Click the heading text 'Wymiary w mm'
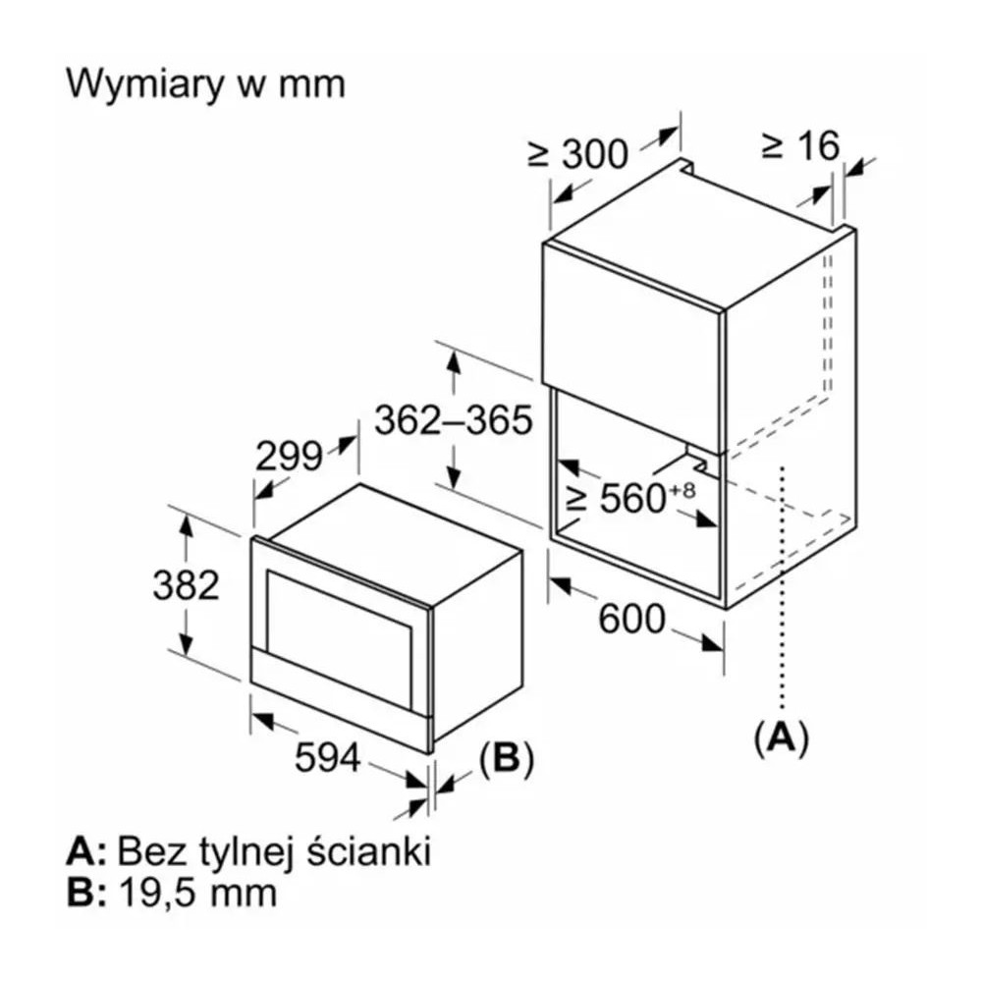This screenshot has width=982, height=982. [x=205, y=84]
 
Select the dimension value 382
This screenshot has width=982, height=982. [x=186, y=585]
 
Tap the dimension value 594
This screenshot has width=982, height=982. [x=328, y=757]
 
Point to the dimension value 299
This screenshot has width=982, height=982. [x=289, y=457]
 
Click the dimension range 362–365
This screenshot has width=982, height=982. [x=454, y=419]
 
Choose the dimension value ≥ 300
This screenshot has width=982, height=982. [x=577, y=153]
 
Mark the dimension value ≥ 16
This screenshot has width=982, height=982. [x=800, y=146]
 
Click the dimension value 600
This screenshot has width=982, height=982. [x=631, y=619]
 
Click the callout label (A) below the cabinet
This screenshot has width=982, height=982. [x=781, y=737]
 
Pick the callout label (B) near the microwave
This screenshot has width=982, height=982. [x=506, y=758]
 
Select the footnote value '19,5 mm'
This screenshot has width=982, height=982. [x=197, y=893]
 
